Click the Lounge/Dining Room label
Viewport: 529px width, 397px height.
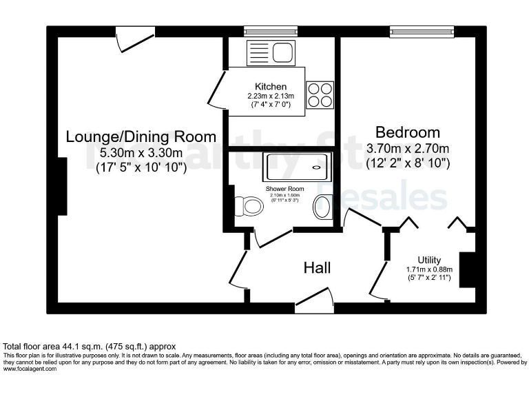point(141,136)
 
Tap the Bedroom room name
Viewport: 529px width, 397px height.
point(407,132)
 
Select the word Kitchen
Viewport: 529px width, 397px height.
point(271,87)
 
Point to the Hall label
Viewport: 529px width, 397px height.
point(318,267)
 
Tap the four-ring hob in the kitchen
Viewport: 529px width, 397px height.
point(319,94)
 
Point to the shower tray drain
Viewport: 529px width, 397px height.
point(318,167)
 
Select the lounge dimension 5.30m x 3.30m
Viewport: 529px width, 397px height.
point(141,152)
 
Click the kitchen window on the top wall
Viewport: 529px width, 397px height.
point(271,31)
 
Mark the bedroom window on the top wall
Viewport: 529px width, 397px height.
point(422,31)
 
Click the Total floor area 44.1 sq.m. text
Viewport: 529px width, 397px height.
point(90,346)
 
